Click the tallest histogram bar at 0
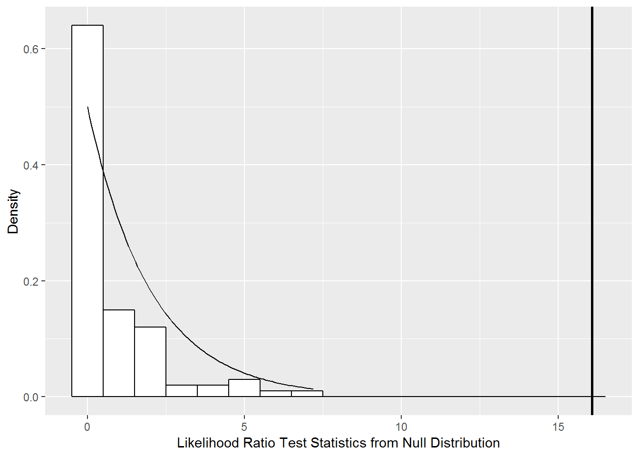pyautogui.click(x=87, y=209)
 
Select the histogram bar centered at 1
pyautogui.click(x=119, y=353)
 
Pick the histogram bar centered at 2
pyautogui.click(x=150, y=362)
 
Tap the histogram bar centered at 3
pyautogui.click(x=182, y=391)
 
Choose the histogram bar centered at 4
pyautogui.click(x=213, y=391)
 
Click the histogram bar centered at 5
pyautogui.click(x=244, y=388)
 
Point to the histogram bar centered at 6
pyautogui.click(x=276, y=394)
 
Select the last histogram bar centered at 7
pyautogui.click(x=307, y=394)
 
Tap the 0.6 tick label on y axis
pyautogui.click(x=31, y=49)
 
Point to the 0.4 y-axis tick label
pyautogui.click(x=31, y=165)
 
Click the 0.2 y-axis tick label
pyautogui.click(x=31, y=281)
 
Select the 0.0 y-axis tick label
pyautogui.click(x=31, y=397)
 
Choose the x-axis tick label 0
pyautogui.click(x=87, y=427)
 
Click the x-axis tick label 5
pyautogui.click(x=244, y=427)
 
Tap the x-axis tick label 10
pyautogui.click(x=401, y=427)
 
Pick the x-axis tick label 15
pyautogui.click(x=558, y=427)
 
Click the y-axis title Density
pyautogui.click(x=13, y=211)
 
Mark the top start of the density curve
pyautogui.click(x=88, y=108)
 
